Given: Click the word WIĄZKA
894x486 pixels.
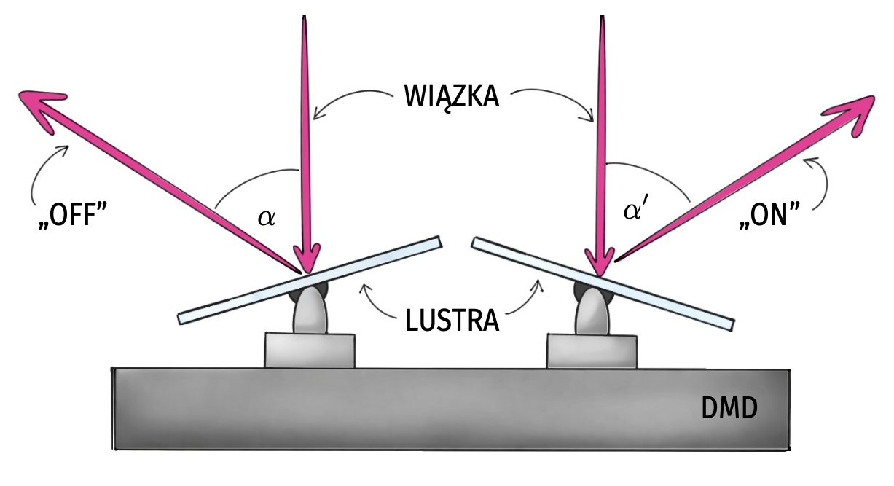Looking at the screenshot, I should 452,97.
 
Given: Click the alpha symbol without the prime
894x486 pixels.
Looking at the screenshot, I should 267,217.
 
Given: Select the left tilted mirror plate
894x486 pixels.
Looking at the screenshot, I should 240,299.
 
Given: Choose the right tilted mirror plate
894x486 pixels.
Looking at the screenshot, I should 656,291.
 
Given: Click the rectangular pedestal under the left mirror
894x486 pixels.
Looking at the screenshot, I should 310,350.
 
